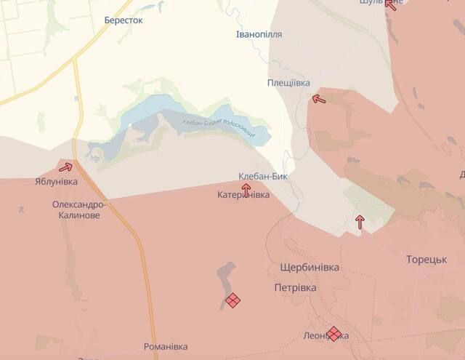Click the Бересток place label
(124, 20)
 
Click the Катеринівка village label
(243, 196)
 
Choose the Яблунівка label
(56, 181)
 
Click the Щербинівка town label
(310, 268)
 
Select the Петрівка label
(296, 288)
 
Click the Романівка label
(166, 347)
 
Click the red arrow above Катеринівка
(246, 188)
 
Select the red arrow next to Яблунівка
(66, 167)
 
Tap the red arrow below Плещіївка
(318, 99)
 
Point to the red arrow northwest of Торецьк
(360, 221)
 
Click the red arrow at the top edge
(390, 4)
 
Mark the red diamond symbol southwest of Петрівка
(232, 300)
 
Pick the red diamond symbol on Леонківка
(334, 334)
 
